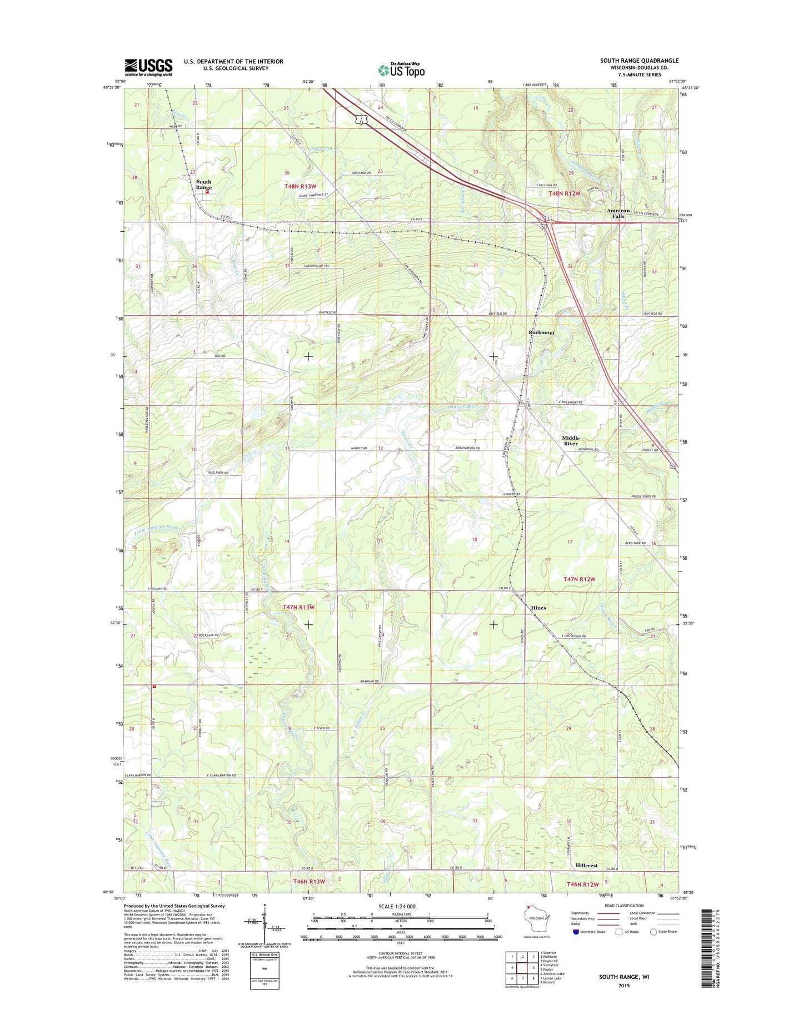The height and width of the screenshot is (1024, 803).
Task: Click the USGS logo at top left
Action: pos(148,67)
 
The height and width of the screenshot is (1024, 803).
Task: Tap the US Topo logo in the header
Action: pos(401,69)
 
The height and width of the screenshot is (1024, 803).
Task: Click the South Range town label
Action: pos(203,185)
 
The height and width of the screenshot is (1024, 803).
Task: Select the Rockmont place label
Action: pos(541,332)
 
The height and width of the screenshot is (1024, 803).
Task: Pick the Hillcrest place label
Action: pos(586,866)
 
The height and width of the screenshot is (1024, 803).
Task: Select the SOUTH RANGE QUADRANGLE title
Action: pos(639,61)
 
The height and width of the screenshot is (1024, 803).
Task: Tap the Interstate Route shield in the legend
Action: pos(576,932)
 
